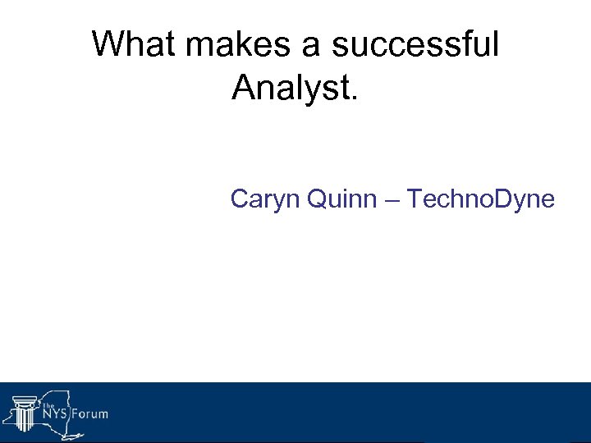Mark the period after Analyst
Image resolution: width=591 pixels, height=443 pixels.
(355, 98)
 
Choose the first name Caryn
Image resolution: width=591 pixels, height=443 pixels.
(264, 199)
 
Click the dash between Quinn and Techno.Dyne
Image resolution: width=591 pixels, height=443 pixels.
(394, 200)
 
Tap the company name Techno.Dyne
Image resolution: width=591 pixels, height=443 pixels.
(481, 199)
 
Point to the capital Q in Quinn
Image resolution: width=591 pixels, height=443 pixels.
(317, 199)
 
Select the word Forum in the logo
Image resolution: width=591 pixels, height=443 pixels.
(89, 413)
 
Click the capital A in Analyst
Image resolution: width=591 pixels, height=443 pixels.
(245, 87)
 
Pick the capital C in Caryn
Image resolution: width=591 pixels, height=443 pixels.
(241, 199)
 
